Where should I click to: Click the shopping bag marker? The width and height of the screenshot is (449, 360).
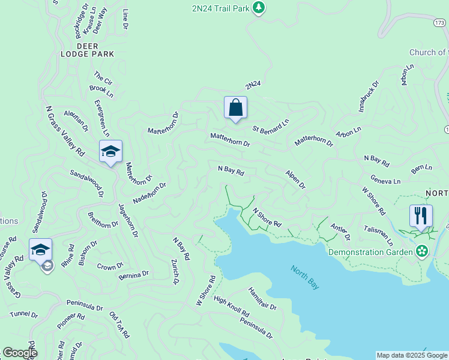coord(235,108)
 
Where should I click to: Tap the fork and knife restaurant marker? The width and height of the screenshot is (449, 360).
coord(421,215)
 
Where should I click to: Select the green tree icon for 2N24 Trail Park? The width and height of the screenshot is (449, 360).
coord(259,7)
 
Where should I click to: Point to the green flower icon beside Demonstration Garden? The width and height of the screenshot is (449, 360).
coord(423,250)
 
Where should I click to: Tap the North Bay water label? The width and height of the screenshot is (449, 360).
coord(305,277)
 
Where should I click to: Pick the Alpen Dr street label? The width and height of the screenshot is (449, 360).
coord(295,179)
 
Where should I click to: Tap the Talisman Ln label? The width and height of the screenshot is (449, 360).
coord(378,236)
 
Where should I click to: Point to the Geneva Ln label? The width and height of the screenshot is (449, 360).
coord(385,181)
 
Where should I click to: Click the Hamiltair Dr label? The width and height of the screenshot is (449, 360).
coord(262,299)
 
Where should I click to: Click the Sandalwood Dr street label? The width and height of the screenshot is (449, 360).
coord(86,182)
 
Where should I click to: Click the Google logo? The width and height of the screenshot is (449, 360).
coord(20,353)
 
